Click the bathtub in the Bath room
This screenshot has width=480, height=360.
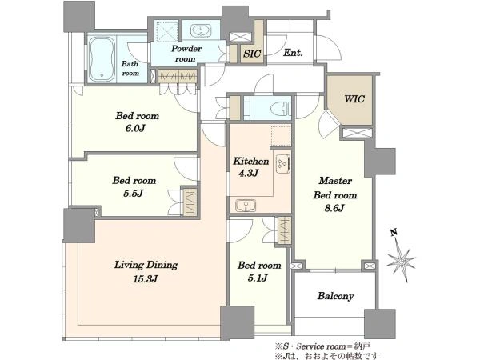click(102, 59)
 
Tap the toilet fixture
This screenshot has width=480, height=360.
click(280, 108)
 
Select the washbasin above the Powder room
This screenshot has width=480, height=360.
click(201, 31)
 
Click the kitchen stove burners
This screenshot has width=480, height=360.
click(283, 164)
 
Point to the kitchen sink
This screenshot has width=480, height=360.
click(246, 206)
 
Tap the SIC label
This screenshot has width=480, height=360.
click(252, 54)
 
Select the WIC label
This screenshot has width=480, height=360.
click(354, 99)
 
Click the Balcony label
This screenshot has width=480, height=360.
click(335, 296)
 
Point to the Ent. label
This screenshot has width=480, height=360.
click(293, 53)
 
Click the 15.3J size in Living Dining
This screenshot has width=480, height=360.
click(146, 279)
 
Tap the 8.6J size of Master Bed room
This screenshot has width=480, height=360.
click(334, 208)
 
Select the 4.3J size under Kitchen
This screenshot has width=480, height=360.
click(249, 174)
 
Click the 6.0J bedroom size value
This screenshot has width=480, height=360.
click(135, 128)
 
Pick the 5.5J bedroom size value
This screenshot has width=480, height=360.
click(134, 193)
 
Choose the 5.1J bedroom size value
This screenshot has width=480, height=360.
click(258, 278)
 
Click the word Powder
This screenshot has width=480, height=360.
click(186, 49)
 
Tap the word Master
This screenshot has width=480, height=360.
click(335, 181)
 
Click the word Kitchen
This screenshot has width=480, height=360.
click(251, 161)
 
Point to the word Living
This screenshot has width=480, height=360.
click(129, 265)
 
